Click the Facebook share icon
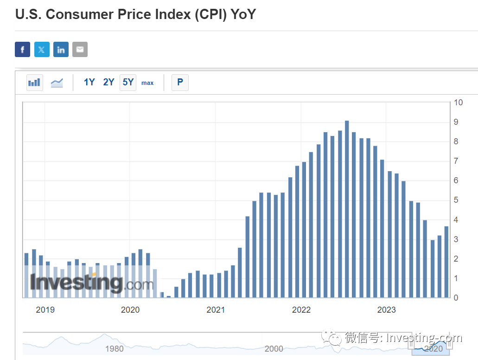point(22,50)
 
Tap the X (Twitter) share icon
point(42,50)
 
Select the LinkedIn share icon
point(61,50)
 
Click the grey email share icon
point(80,50)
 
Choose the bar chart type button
point(34,83)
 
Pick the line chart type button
point(57,83)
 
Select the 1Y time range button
point(89,83)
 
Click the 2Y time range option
point(108,83)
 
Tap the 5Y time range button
point(128,83)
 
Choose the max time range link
point(147,83)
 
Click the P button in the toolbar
point(180,83)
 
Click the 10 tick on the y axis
point(458,103)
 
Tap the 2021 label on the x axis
point(216,309)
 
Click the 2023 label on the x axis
point(386,309)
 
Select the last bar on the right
point(446,262)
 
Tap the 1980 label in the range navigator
point(115,348)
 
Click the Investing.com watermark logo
point(91,283)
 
